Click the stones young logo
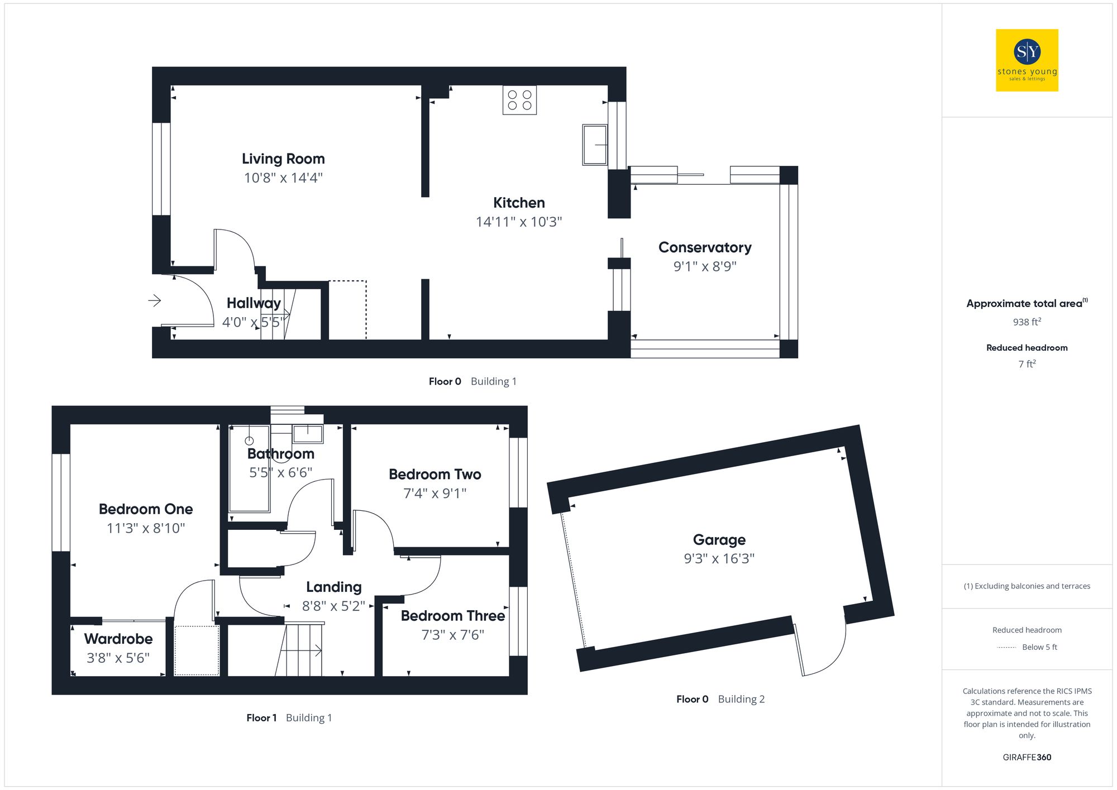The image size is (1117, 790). click(1027, 60)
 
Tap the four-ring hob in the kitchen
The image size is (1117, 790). click(519, 100)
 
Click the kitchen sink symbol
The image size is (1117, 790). click(595, 145)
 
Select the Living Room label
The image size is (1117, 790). click(283, 159)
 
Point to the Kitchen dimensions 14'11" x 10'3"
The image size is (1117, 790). click(518, 222)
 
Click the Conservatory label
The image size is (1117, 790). click(705, 247)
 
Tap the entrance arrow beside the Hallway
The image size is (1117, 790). click(155, 300)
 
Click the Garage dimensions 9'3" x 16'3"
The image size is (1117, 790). click(719, 558)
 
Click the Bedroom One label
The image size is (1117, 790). click(146, 509)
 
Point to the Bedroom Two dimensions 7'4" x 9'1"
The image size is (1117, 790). click(435, 493)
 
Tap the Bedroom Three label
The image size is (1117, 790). click(452, 616)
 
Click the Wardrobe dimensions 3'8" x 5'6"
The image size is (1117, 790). click(118, 658)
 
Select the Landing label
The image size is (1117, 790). click(333, 587)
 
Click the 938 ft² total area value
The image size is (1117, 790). click(1027, 322)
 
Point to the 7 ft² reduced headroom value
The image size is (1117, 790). click(1027, 364)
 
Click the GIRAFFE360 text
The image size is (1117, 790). click(1027, 757)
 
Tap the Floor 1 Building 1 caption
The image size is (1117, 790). click(289, 717)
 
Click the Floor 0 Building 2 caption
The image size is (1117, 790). click(720, 699)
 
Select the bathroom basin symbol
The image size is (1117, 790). click(308, 433)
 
